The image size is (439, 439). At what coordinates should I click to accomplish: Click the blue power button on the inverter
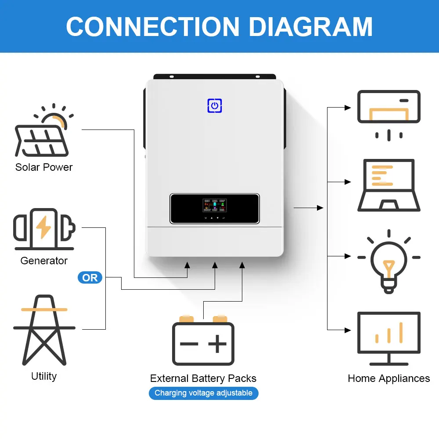click(x=215, y=105)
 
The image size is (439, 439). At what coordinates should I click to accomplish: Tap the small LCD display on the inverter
click(x=215, y=205)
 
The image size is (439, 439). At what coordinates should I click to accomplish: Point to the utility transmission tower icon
click(x=44, y=330)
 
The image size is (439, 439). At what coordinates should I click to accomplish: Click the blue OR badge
click(x=90, y=277)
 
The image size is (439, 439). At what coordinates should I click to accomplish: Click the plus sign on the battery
click(x=218, y=344)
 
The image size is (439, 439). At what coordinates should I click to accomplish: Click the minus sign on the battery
click(x=189, y=344)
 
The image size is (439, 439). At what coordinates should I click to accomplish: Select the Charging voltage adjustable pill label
click(x=204, y=393)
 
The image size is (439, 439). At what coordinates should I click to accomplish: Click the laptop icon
click(x=389, y=185)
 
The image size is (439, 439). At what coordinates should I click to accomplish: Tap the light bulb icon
click(x=389, y=262)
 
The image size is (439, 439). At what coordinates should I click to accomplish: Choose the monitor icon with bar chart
click(x=389, y=339)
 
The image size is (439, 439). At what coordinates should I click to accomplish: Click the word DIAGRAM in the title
click(x=310, y=27)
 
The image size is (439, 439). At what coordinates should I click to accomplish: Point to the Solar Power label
click(x=44, y=167)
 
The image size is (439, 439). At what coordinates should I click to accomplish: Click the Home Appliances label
click(x=389, y=378)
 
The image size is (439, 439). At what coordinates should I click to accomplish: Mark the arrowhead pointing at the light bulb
click(x=348, y=256)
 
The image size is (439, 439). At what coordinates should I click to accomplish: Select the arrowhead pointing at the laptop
click(x=348, y=182)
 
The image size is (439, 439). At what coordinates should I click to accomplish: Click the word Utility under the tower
click(x=44, y=376)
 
